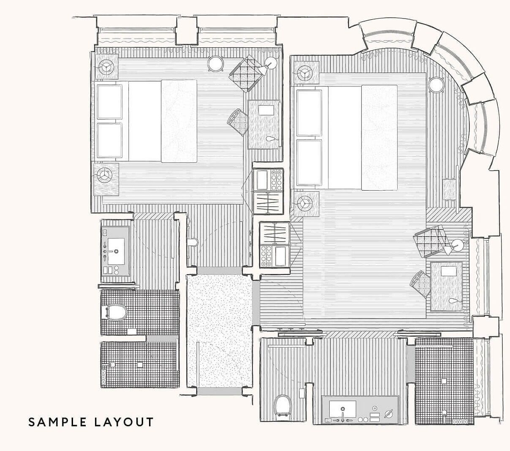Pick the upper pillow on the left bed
(x=109, y=102)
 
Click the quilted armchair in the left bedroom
(x=245, y=74)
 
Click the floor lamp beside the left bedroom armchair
(x=271, y=62)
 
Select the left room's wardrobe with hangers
(x=268, y=203)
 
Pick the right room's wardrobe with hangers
(x=275, y=233)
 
